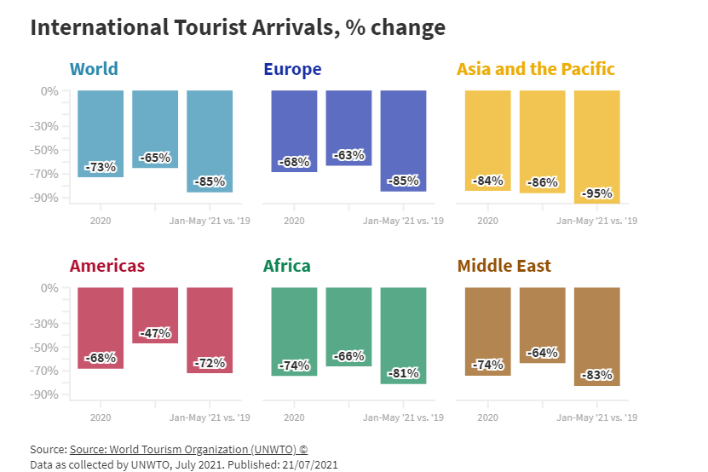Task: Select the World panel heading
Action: [x=94, y=69]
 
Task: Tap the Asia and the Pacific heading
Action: [x=536, y=69]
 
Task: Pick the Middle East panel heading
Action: [x=504, y=266]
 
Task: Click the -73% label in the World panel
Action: [x=101, y=167]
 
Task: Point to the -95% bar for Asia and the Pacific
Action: [x=596, y=145]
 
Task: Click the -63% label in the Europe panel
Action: [x=349, y=155]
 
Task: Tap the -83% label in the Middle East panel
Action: [x=596, y=375]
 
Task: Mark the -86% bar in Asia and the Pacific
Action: [x=542, y=141]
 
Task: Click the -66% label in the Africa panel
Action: [x=349, y=355]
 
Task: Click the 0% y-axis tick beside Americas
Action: [x=50, y=288]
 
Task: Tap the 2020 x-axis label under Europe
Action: [x=294, y=222]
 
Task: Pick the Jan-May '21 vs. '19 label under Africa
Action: [x=403, y=418]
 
